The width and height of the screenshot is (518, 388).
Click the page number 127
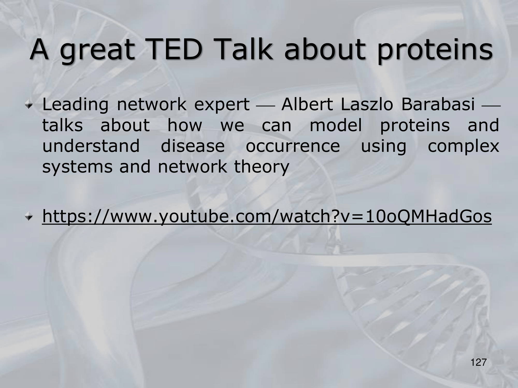(479, 362)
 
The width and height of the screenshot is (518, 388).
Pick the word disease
(193, 146)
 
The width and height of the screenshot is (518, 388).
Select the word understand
(91, 146)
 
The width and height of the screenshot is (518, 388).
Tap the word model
(336, 125)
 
